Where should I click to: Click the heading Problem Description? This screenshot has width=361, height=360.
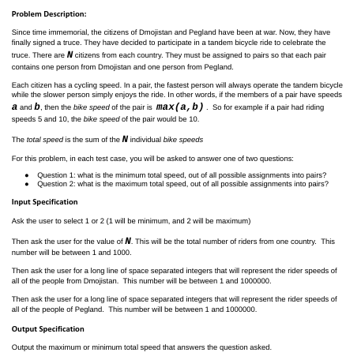49,14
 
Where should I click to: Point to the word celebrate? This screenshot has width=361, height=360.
301,43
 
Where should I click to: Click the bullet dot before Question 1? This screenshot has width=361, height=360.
27,175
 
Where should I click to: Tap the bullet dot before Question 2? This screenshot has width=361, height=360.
27,184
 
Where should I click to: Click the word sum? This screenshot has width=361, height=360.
81,140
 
